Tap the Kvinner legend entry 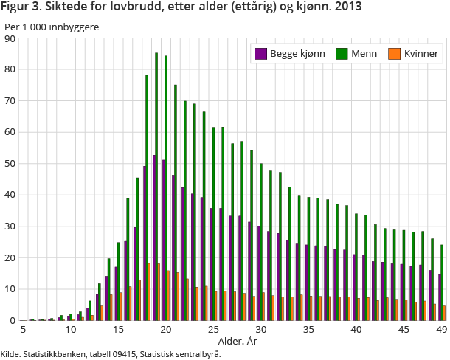click(x=418, y=54)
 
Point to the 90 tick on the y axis click(x=11, y=38)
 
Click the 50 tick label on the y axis click(x=11, y=164)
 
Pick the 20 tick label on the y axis click(x=11, y=258)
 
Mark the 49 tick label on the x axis click(x=441, y=329)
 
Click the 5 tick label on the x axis click(x=24, y=329)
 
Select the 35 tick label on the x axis click(x=308, y=329)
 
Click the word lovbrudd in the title click(x=114, y=9)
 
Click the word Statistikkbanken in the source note click(x=56, y=353)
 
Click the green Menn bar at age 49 click(x=443, y=283)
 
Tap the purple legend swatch click(x=260, y=54)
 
